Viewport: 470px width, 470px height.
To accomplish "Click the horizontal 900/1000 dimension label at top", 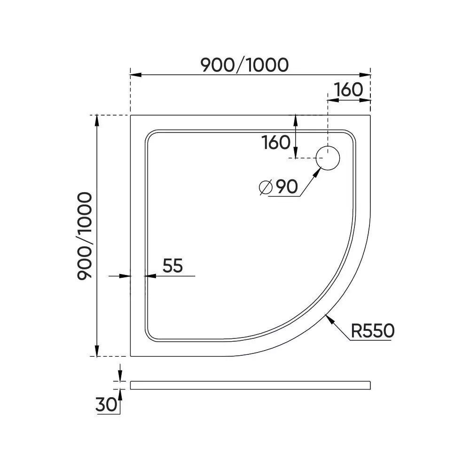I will tap(244, 65).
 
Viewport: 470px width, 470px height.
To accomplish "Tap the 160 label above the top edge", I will tap(348, 89).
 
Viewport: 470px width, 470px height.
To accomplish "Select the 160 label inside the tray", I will tap(276, 142).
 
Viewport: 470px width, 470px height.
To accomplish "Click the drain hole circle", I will tap(328, 158).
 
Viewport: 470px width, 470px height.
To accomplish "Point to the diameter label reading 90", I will tap(286, 188).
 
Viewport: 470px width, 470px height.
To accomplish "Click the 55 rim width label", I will tap(172, 266).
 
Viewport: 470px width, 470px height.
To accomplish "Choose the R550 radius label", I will tap(372, 331).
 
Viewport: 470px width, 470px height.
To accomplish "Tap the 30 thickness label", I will tap(106, 405).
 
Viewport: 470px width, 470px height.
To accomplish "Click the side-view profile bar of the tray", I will tap(250, 385).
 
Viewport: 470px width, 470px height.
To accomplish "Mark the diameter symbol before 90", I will tap(266, 188).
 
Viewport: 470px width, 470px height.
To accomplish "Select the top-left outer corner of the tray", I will tap(131, 114).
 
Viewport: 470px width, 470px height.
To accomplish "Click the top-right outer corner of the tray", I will tap(371, 114).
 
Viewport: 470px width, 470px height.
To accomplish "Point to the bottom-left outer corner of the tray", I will tap(131, 356).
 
